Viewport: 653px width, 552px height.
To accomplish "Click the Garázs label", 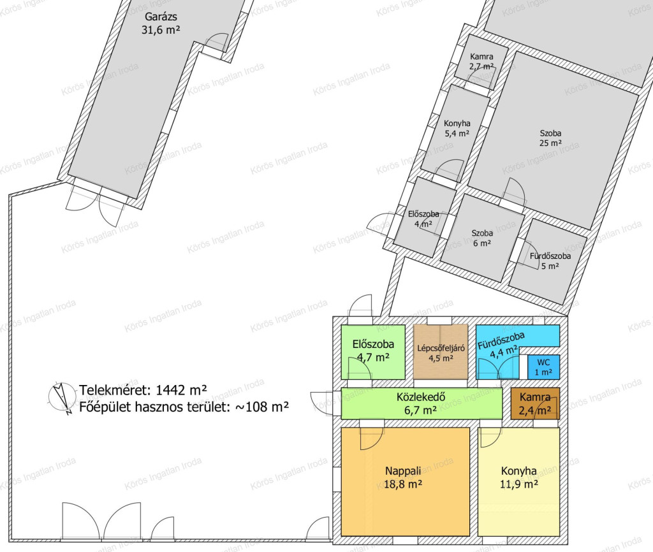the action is click(161, 17).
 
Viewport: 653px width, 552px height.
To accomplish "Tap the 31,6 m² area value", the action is click(161, 30).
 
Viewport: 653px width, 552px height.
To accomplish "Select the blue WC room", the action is click(543, 367).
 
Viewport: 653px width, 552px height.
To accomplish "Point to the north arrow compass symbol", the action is click(59, 398).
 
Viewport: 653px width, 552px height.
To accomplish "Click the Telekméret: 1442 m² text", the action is click(143, 390).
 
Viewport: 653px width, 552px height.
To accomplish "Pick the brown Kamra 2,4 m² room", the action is click(535, 403).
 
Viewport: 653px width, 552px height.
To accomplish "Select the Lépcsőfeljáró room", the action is click(441, 352).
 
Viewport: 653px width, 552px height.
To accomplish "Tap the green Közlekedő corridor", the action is click(422, 403).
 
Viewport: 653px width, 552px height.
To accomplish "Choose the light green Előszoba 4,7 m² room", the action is click(373, 352).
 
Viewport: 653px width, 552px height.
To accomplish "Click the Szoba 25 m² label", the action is click(550, 138).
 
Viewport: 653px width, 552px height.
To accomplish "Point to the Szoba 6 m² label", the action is click(482, 238).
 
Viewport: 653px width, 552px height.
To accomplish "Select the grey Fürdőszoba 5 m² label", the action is click(550, 261).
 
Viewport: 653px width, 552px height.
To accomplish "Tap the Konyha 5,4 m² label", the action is click(457, 129).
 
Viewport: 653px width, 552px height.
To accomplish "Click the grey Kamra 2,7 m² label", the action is click(481, 62).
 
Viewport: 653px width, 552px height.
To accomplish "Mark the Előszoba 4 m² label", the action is click(423, 219).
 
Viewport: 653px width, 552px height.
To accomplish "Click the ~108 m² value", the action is click(262, 407).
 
